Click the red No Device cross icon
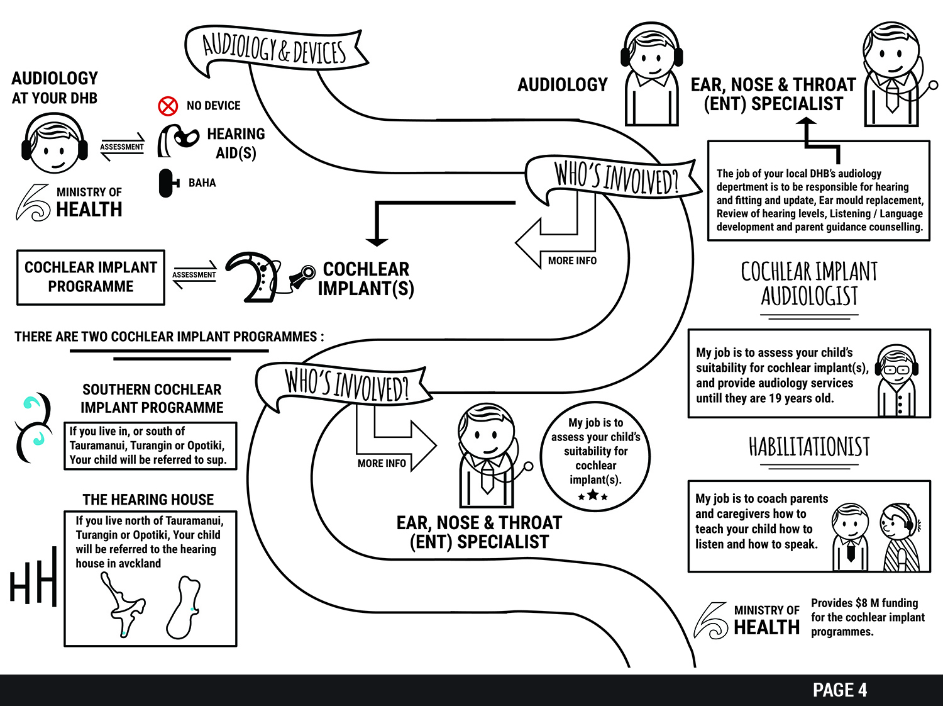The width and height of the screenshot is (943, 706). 168,106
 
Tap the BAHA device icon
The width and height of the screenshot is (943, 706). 167,183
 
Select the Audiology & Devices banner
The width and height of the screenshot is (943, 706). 275,49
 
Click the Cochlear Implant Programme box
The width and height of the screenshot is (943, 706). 91,277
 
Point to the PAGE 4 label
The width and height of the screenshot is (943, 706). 839,690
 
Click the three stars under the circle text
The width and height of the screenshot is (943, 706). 593,496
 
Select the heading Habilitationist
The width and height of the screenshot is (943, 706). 809,447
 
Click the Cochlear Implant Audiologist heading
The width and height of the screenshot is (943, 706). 809,284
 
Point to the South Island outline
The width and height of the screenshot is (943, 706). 184,607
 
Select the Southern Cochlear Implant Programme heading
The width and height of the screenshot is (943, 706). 152,398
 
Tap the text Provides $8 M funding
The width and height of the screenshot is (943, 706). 864,603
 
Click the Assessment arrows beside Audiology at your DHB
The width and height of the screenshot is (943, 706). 122,147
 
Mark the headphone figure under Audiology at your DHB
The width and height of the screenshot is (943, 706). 55,144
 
